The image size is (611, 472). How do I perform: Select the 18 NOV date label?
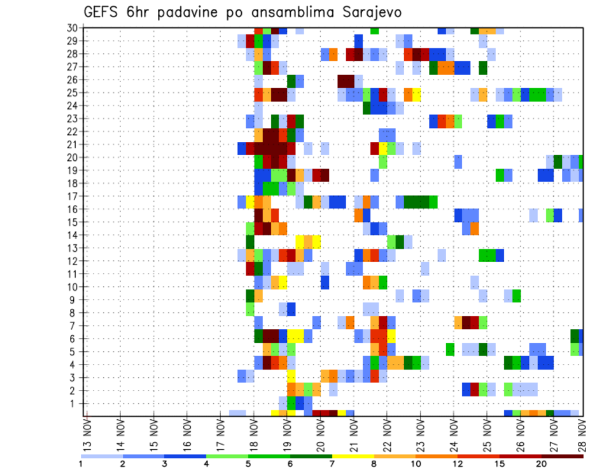pyautogui.click(x=253, y=434)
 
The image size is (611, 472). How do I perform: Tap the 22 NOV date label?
pyautogui.click(x=386, y=434)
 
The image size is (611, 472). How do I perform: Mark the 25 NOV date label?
pyautogui.click(x=486, y=434)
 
